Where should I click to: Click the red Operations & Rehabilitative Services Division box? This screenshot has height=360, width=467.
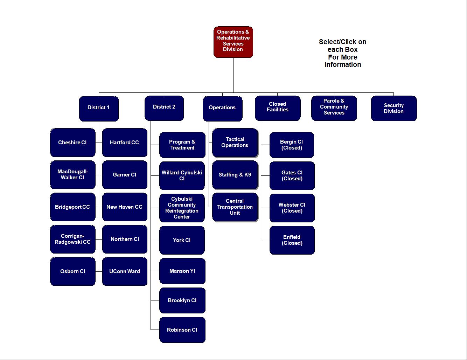[233, 42]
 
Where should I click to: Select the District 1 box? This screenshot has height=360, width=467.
[99, 108]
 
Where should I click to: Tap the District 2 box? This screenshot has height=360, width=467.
[164, 108]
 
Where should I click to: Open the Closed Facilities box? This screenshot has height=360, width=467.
[278, 108]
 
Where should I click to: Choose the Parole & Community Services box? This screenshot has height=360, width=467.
[334, 108]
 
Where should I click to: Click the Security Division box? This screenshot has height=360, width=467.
[394, 108]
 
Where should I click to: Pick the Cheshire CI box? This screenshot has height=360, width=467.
[72, 143]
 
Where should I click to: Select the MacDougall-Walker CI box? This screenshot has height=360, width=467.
[72, 175]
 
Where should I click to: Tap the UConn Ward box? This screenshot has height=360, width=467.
[125, 271]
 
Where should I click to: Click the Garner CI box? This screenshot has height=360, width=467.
[125, 175]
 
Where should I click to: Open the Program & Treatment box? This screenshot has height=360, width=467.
[182, 145]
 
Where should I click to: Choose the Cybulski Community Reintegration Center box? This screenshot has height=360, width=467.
[182, 208]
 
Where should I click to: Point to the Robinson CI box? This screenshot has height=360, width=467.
[182, 330]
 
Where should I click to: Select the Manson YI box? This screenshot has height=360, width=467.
[182, 271]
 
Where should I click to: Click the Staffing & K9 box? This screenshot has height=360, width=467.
[235, 175]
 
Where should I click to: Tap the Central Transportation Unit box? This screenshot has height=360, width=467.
[235, 207]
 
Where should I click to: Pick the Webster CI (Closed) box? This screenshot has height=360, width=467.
[292, 208]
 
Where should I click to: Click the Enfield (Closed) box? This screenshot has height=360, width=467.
[292, 240]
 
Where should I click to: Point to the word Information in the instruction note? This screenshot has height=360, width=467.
[343, 65]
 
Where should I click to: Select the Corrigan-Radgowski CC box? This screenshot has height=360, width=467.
[72, 239]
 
